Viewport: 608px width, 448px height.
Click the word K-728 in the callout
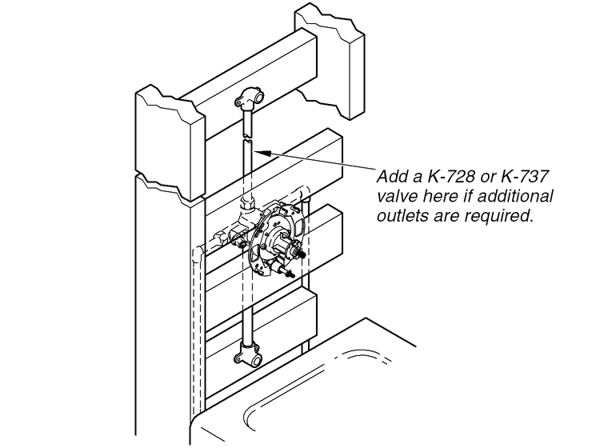[x=451, y=177]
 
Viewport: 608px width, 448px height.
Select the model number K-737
[x=525, y=177]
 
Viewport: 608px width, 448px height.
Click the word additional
[x=515, y=196]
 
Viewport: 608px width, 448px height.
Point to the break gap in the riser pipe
[x=247, y=138]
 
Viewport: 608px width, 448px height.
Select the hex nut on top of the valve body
[x=246, y=202]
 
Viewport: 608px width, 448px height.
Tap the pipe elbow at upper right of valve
[x=303, y=193]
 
